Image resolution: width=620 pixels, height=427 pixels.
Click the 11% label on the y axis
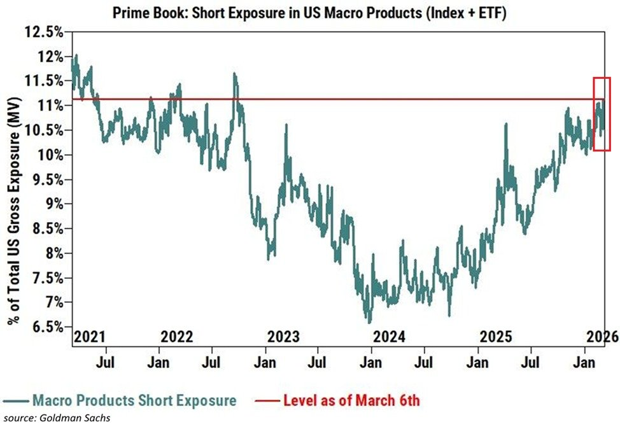50,105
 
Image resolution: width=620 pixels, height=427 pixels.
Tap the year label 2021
90,337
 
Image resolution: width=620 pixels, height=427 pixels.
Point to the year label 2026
602,337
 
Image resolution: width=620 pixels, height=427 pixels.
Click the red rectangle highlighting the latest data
602,114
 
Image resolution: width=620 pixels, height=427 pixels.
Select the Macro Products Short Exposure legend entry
121,400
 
